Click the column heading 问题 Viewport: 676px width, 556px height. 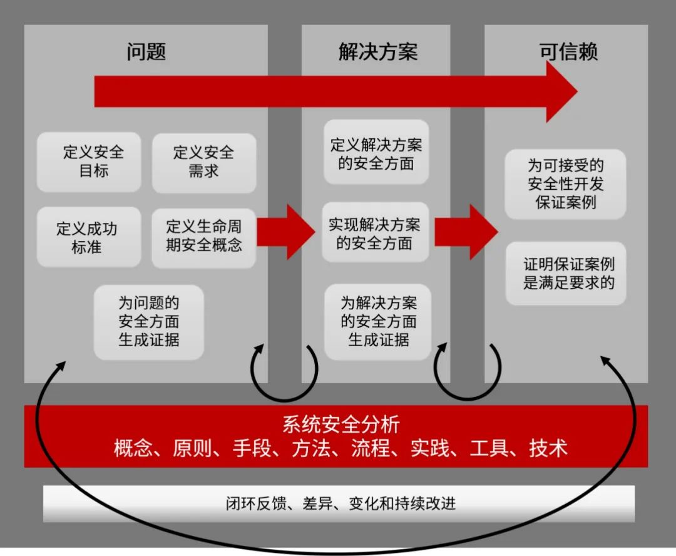pyautogui.click(x=146, y=52)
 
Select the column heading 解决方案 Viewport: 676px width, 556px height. pyautogui.click(x=377, y=52)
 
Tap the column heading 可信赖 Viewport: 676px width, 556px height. pyautogui.click(x=568, y=52)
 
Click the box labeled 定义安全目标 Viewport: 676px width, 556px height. pyautogui.click(x=89, y=162)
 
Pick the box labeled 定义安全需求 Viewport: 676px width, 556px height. pyautogui.click(x=204, y=162)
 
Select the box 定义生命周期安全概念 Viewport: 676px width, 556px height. pyautogui.click(x=204, y=236)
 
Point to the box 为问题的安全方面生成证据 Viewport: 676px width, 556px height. pyautogui.click(x=149, y=322)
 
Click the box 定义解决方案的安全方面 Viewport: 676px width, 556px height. pyautogui.click(x=376, y=153)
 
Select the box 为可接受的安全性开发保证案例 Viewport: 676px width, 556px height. pyautogui.click(x=565, y=184)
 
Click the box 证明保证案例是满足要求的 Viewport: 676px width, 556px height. pyautogui.click(x=565, y=274)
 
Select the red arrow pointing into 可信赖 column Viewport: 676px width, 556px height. pyautogui.click(x=466, y=232)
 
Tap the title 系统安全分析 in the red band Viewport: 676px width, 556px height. pyautogui.click(x=341, y=425)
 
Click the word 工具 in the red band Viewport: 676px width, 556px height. pyautogui.click(x=490, y=448)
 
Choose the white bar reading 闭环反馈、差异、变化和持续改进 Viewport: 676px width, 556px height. pyautogui.click(x=339, y=503)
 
